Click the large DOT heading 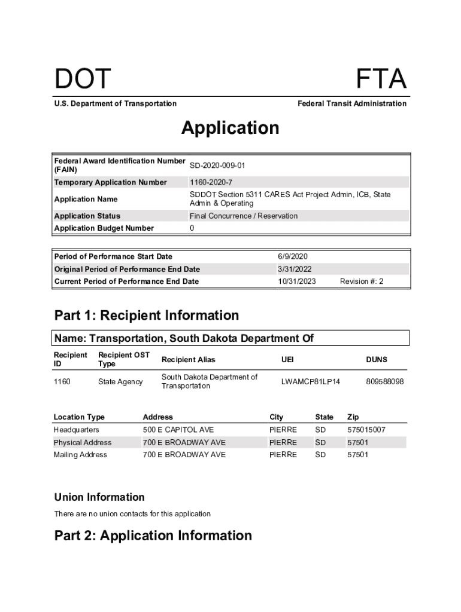(83, 79)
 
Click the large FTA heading (381, 79)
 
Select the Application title (230, 128)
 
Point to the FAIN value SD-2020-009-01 (217, 165)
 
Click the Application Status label (87, 216)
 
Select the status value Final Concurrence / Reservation (244, 216)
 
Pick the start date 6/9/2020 (292, 256)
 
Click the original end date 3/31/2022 (295, 269)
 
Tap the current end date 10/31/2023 (297, 281)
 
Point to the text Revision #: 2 (362, 281)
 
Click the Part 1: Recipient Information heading (147, 315)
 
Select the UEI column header (287, 360)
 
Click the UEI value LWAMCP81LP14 (310, 381)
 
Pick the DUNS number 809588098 (384, 381)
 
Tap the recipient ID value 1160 (62, 381)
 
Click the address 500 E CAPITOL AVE (178, 430)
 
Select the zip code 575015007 (366, 430)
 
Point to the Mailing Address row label (80, 455)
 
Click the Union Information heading (99, 497)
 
